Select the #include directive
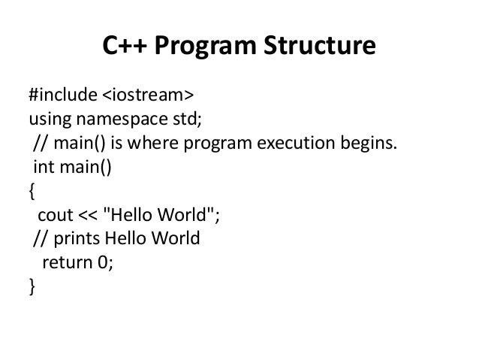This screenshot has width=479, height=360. point(63,95)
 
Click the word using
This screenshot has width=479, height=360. point(48,119)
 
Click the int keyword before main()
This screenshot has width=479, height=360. point(42,167)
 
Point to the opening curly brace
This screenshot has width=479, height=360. point(32,191)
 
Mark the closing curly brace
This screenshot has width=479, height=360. point(32,286)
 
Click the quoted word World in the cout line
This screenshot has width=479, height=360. point(186,215)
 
